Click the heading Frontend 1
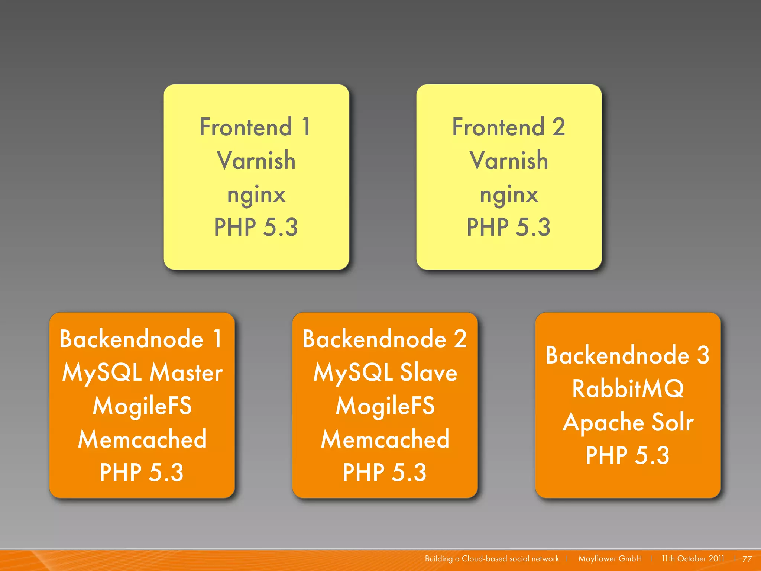point(255,127)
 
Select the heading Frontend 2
point(508,127)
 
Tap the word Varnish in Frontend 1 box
point(256,161)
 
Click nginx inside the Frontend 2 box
point(509,194)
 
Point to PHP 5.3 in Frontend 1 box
point(256,228)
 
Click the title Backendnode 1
point(141,339)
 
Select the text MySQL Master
point(142,372)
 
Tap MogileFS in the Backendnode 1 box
point(142,406)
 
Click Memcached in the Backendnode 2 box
point(385,439)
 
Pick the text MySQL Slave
point(385,372)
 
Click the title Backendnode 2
point(385,339)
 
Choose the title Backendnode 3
point(628,355)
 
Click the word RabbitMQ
point(628,389)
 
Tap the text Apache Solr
point(628,422)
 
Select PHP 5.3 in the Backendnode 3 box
point(628,455)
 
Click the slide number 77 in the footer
point(747,559)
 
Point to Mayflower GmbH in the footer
point(610,559)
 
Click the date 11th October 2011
point(693,559)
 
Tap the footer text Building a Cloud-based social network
point(492,559)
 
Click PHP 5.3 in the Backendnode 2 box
point(385,472)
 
